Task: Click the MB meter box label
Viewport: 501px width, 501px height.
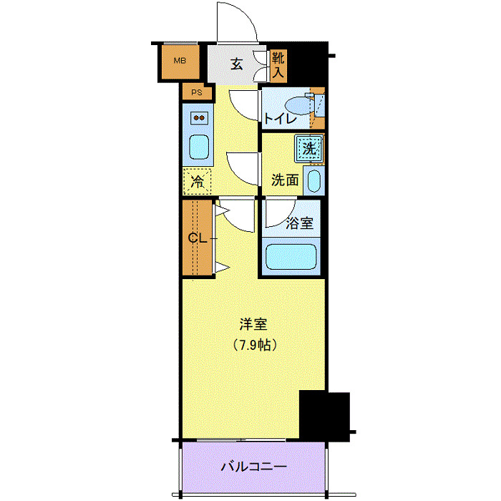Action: click(178, 61)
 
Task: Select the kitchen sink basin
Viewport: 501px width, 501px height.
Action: click(198, 147)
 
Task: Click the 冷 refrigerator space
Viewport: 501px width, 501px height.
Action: click(197, 182)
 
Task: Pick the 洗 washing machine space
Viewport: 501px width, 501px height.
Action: click(308, 149)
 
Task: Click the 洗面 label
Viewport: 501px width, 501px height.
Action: click(284, 180)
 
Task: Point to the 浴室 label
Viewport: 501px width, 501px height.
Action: click(299, 223)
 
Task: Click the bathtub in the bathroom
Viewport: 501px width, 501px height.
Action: click(291, 257)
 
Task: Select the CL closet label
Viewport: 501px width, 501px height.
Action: click(197, 238)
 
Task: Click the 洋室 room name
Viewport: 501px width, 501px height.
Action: click(254, 324)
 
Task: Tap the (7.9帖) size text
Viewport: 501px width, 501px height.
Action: click(254, 344)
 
